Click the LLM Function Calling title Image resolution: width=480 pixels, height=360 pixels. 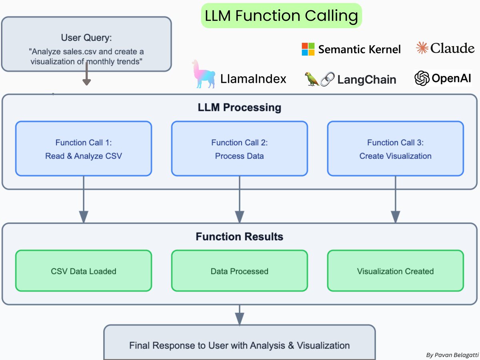click(x=281, y=16)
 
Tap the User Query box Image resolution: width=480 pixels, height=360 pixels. click(x=86, y=44)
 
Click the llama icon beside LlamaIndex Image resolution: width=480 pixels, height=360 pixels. click(x=203, y=74)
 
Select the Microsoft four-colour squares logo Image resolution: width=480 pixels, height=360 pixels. click(x=308, y=49)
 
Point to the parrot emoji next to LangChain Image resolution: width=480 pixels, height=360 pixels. click(x=312, y=79)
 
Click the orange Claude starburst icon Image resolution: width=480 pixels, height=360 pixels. click(x=422, y=48)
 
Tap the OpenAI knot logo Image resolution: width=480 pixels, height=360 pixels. click(x=422, y=78)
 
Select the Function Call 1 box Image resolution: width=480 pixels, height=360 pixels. click(x=84, y=149)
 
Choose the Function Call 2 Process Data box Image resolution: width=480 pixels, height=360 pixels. click(x=240, y=149)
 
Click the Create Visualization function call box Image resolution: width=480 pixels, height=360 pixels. click(x=395, y=149)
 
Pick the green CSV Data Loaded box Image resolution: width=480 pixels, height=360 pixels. click(x=84, y=271)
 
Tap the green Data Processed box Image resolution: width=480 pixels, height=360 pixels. click(x=240, y=271)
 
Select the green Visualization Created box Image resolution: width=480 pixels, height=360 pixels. click(x=395, y=271)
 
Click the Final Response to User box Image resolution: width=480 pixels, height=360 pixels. click(x=240, y=345)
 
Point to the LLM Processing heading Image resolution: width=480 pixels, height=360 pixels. click(x=240, y=108)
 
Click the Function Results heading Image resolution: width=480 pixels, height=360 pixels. click(x=240, y=236)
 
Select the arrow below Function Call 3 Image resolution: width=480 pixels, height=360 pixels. click(x=395, y=200)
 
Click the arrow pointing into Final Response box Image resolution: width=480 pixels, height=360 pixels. click(x=240, y=315)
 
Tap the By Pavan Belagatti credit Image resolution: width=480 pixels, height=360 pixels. click(x=451, y=354)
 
